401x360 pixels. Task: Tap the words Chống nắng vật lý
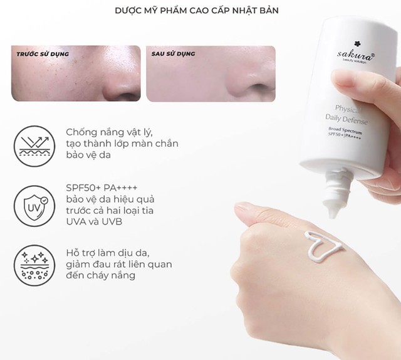tap(108, 132)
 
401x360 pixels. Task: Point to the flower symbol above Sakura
tap(339, 44)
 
